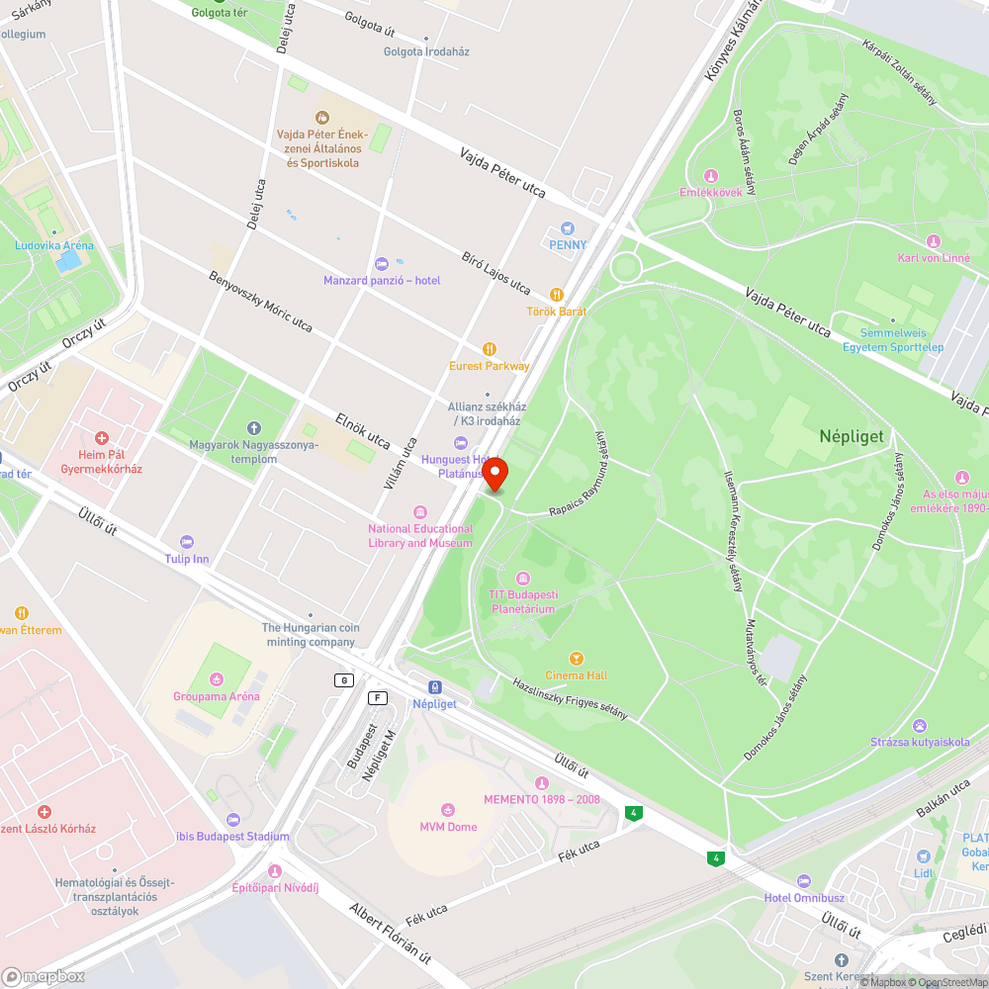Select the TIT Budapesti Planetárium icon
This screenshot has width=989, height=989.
click(523, 579)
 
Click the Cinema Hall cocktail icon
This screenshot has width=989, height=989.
click(577, 659)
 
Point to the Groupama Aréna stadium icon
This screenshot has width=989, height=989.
click(217, 679)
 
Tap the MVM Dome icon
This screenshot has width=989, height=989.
click(448, 810)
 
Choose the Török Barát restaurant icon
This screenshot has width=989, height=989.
click(557, 295)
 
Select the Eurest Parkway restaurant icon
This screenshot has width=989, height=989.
click(489, 349)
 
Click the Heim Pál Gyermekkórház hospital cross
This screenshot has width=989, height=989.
click(101, 437)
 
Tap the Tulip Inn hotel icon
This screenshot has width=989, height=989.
click(187, 542)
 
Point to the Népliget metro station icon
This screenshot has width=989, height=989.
click(434, 687)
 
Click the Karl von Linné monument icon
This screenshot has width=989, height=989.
click(934, 241)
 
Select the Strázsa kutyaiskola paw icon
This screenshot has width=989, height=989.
click(920, 726)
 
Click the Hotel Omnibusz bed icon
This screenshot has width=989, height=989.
click(803, 881)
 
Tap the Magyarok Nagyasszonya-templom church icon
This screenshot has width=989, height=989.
click(254, 428)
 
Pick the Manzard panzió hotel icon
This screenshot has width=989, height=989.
click(382, 263)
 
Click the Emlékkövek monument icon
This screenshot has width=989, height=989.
click(710, 176)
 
